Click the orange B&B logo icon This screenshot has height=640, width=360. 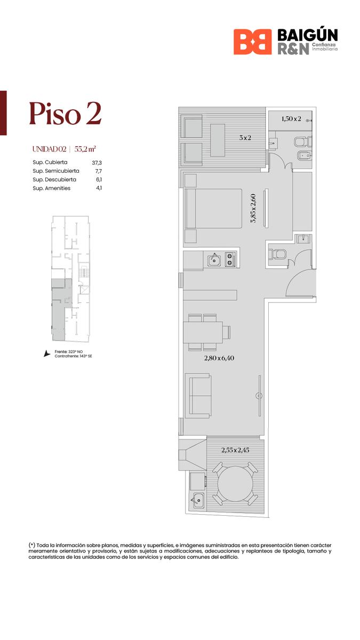pos(253,42)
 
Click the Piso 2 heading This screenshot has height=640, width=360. pos(65,114)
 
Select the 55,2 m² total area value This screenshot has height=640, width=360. pos(85,149)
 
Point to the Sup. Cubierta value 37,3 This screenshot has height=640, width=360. pos(97,163)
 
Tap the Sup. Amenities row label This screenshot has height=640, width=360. pos(51,188)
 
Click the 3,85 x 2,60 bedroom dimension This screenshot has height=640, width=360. pos(253,209)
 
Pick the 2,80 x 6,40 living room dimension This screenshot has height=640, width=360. pos(219,358)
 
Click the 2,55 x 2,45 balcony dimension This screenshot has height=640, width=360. pos(235,450)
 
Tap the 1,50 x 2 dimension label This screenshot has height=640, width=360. pos(291,119)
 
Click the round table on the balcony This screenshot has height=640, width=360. pos(235,484)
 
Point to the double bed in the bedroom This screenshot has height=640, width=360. pos(213,209)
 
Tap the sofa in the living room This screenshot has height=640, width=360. pos(198,396)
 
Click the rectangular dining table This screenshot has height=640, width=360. pos(203,332)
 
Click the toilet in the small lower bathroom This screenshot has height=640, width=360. pos(277,254)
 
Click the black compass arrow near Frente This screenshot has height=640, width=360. pos(46,354)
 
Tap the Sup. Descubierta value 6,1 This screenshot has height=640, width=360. pos(99,180)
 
